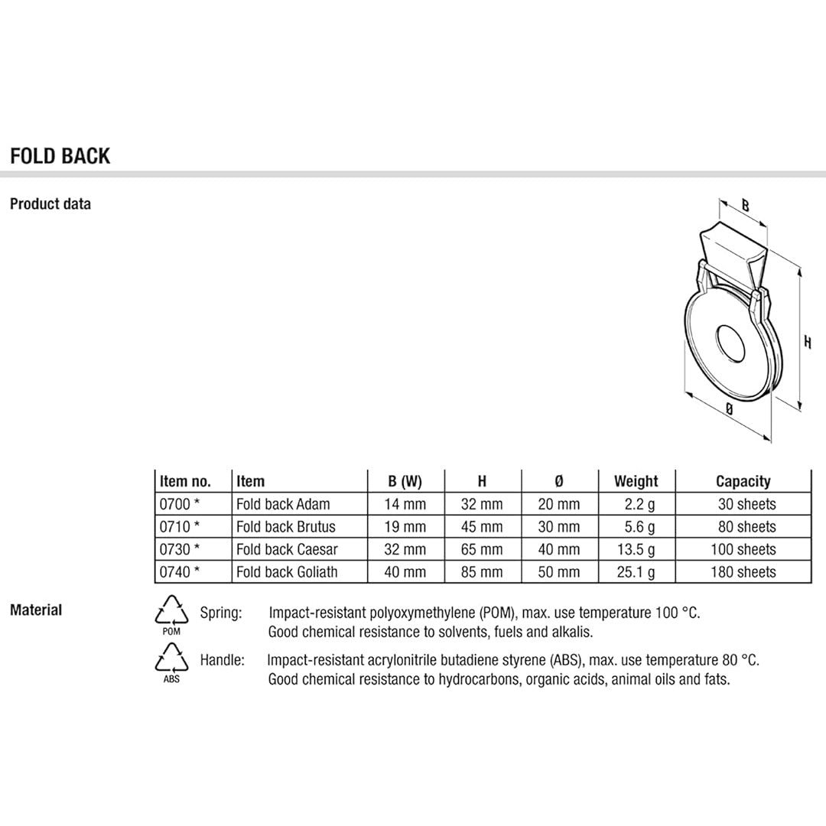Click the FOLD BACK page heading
[60, 156]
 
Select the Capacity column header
[743, 481]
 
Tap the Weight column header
[636, 481]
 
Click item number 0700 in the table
[174, 504]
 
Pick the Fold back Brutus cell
[286, 527]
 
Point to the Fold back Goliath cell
[287, 572]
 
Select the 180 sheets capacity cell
[743, 572]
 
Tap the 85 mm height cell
[482, 572]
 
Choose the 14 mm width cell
[405, 504]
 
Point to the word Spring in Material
[221, 613]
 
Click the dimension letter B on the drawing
[746, 206]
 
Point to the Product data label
[50, 204]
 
